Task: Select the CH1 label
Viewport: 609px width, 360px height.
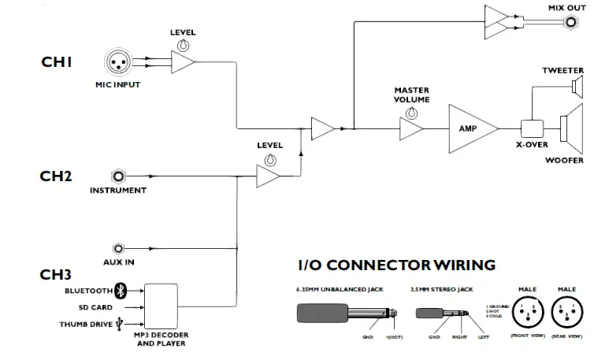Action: (x=57, y=61)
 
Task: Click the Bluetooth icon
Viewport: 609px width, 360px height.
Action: (x=121, y=291)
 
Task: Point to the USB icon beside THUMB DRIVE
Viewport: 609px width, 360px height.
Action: (x=118, y=324)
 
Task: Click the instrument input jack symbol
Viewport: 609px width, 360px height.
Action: (x=119, y=176)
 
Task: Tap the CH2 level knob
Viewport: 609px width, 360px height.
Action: (x=270, y=160)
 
